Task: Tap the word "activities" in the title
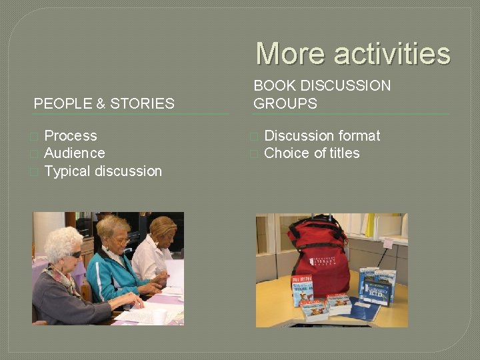392,54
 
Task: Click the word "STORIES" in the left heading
142,103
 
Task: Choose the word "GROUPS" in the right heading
285,103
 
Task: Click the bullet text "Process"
70,136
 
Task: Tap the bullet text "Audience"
74,153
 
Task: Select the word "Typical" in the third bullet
67,171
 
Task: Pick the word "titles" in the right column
341,153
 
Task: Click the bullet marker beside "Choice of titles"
253,154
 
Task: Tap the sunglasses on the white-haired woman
75,254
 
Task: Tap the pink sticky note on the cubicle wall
388,243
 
